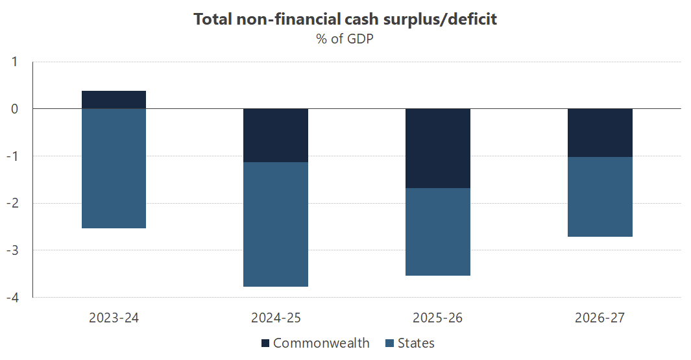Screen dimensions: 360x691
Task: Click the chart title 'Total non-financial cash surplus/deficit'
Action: [345, 19]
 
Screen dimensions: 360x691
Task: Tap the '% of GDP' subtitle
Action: [345, 39]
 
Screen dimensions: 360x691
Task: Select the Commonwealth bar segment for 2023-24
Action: [114, 100]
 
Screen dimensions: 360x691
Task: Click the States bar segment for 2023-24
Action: [114, 169]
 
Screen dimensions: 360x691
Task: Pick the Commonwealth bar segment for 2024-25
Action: [276, 135]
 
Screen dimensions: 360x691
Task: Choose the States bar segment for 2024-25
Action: [276, 224]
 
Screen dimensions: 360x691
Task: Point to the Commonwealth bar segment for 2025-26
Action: [438, 148]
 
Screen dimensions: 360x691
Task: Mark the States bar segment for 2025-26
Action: [438, 232]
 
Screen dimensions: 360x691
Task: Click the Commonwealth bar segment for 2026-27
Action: [600, 132]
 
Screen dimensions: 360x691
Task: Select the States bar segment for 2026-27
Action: [600, 197]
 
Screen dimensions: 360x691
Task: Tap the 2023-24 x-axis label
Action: [114, 318]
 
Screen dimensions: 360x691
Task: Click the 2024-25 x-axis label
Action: [276, 318]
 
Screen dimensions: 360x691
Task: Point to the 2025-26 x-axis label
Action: [438, 318]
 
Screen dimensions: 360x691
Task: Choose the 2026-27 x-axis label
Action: [600, 318]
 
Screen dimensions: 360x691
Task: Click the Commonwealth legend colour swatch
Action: [265, 343]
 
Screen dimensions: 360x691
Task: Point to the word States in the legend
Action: [416, 343]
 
